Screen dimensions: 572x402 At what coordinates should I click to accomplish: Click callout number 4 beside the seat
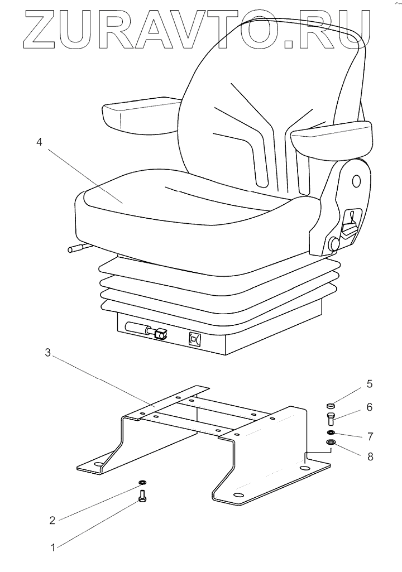39,142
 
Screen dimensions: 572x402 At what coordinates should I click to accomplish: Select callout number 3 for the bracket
48,353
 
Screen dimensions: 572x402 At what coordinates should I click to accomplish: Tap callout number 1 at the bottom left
53,547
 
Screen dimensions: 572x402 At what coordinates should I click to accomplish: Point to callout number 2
52,520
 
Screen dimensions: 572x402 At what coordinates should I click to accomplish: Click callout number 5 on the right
369,384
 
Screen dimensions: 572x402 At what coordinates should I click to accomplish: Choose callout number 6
369,407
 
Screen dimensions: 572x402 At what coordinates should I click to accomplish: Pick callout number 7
369,434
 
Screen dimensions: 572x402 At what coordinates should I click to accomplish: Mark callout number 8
369,456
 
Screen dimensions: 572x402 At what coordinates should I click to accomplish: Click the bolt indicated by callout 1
142,494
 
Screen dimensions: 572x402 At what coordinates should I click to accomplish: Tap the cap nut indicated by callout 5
330,406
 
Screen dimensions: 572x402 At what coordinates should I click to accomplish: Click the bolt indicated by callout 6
330,419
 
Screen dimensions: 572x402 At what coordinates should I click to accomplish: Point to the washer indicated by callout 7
331,432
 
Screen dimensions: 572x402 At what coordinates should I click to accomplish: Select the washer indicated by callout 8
331,443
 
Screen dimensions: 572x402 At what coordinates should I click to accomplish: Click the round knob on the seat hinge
334,243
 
